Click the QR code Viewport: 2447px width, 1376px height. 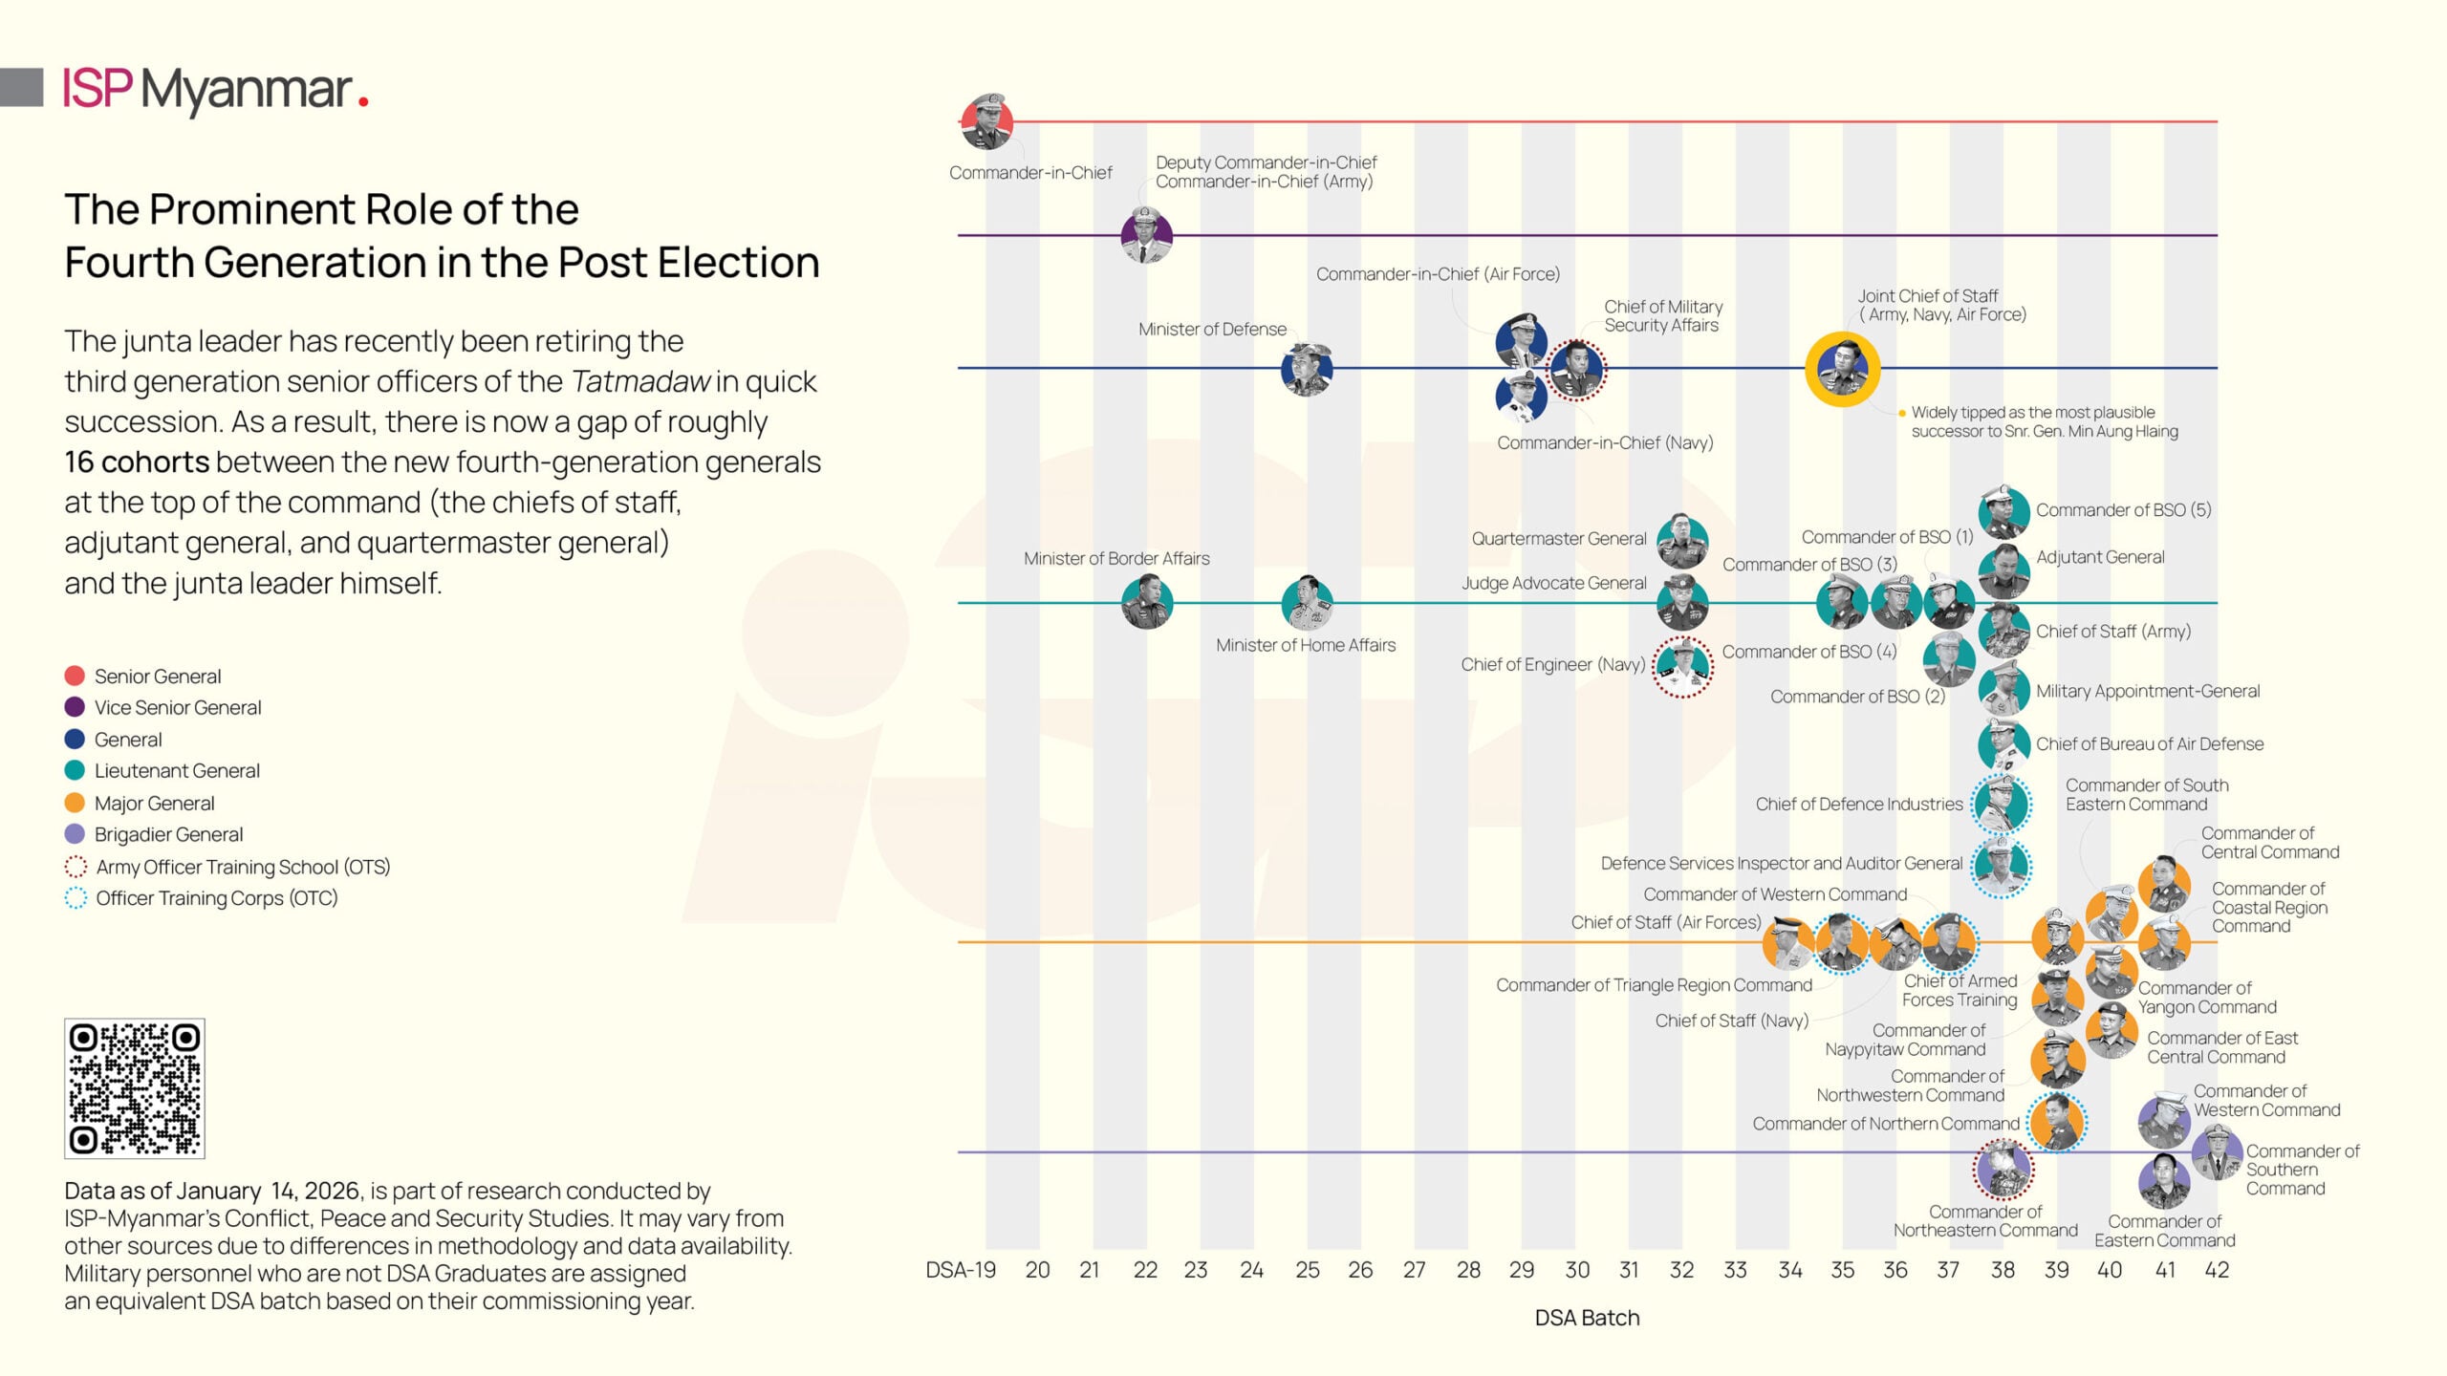point(134,1088)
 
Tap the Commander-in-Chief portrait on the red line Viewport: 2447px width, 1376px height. point(986,122)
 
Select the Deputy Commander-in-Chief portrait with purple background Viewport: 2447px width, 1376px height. point(1146,235)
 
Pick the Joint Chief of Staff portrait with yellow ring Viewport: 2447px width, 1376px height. point(1842,369)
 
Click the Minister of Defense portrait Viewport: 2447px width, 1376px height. point(1307,369)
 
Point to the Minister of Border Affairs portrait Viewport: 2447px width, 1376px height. point(1146,603)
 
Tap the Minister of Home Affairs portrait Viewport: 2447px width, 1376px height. point(1307,602)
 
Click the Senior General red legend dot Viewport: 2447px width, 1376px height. point(75,677)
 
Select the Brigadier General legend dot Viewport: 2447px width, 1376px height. point(75,834)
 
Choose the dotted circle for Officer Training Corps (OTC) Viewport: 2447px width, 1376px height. point(76,898)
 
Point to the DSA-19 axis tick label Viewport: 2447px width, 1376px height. point(961,1270)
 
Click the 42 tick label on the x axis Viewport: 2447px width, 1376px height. point(2216,1270)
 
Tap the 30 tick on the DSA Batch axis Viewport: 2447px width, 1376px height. point(1577,1270)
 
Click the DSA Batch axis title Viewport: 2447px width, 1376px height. point(1587,1318)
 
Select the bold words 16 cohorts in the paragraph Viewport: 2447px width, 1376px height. point(136,462)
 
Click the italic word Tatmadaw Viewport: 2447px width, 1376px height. point(640,382)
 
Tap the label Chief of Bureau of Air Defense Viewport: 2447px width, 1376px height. point(2149,744)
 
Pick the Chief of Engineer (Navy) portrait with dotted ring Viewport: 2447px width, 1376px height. point(1682,666)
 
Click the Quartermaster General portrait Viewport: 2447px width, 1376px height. point(1682,540)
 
